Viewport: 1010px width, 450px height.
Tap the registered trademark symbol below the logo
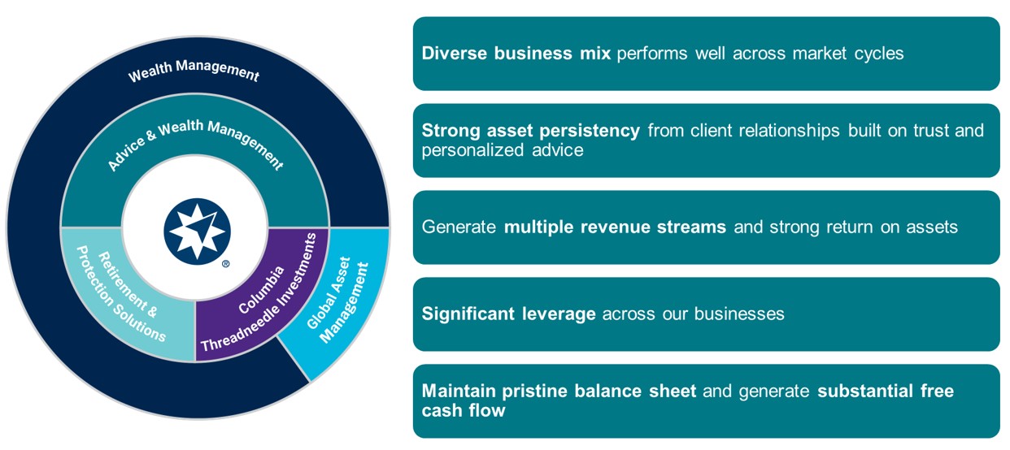tap(225, 263)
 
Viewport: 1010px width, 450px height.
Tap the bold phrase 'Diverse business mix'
tap(516, 54)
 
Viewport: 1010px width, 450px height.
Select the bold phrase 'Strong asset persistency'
tap(530, 131)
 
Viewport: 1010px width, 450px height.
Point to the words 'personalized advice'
tap(502, 150)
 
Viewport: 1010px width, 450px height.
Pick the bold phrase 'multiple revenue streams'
tap(615, 227)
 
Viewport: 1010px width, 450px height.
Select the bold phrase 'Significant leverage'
tap(508, 314)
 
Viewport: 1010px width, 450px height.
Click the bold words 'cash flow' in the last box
tap(463, 411)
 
